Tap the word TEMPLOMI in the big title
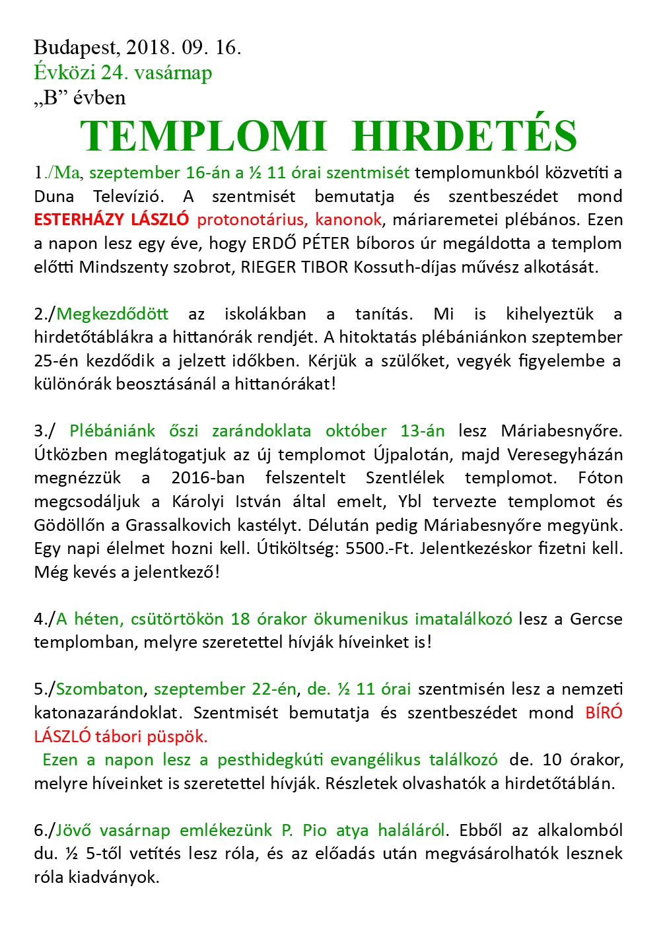point(203,137)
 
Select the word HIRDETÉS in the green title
point(465,137)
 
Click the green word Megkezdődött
point(112,314)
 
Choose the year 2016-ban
point(207,478)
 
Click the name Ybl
point(409,502)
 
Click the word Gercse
point(596,619)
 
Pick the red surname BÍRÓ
point(604,713)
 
